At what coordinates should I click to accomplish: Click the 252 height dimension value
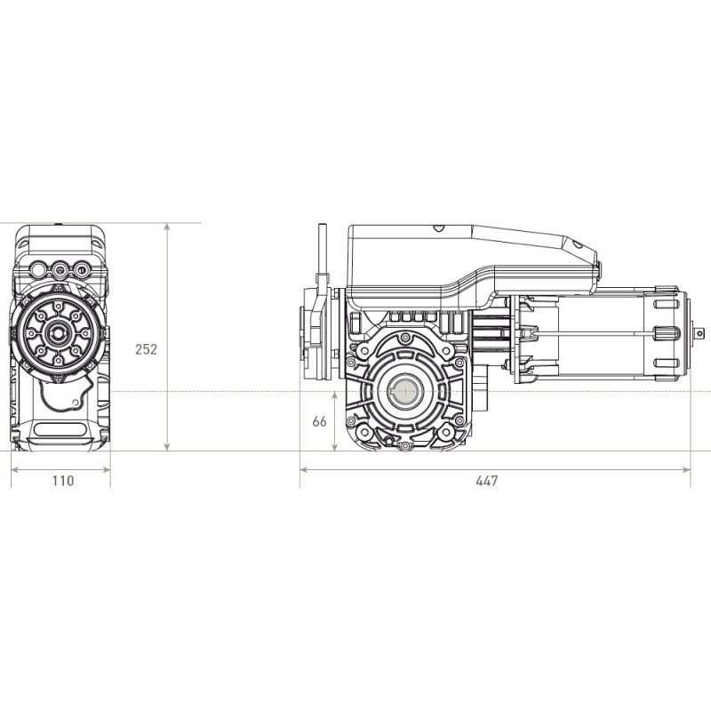coord(146,349)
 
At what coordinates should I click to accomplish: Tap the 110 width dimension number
coord(62,481)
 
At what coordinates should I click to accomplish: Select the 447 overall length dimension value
coord(486,481)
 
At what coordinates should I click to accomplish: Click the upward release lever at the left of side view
coord(321,258)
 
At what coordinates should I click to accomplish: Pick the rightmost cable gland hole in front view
coord(82,267)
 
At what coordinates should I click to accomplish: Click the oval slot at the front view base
coord(60,430)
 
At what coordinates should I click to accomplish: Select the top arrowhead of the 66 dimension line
coord(334,394)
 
